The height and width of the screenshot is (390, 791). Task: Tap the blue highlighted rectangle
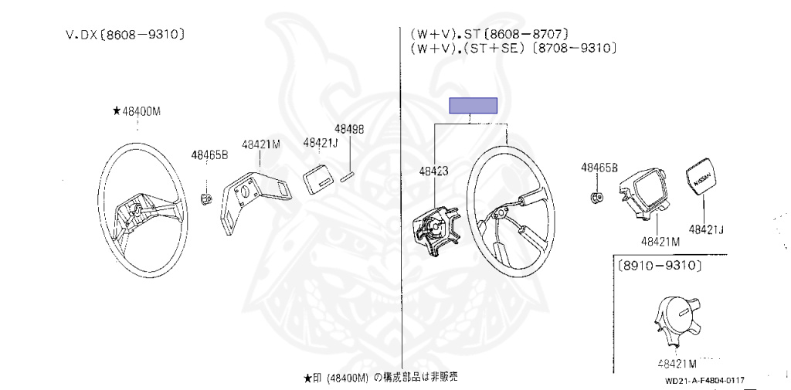pyautogui.click(x=474, y=106)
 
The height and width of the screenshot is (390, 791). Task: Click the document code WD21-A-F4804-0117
pyautogui.click(x=704, y=380)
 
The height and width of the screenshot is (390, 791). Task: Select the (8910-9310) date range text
pyautogui.click(x=659, y=266)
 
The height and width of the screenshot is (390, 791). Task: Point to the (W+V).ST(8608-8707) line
pyautogui.click(x=490, y=34)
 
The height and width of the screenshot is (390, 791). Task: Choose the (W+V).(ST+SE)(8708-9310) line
pyautogui.click(x=512, y=48)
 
